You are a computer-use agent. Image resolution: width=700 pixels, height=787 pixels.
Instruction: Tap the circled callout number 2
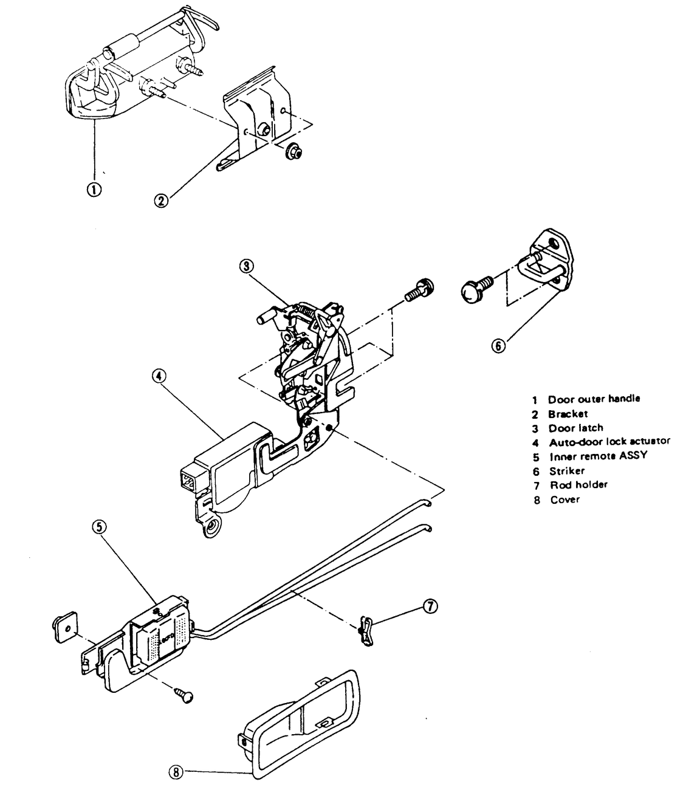[161, 201]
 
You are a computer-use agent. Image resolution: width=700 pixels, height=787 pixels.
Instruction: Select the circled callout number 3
[247, 266]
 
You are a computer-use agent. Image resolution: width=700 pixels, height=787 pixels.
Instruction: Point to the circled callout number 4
[159, 376]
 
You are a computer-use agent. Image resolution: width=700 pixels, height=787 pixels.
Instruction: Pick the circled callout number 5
[100, 527]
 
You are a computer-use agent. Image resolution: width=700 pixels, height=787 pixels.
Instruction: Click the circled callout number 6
[499, 345]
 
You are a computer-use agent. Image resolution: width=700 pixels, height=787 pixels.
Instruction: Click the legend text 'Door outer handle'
[594, 399]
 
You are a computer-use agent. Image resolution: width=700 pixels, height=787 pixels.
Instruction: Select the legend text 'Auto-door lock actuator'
[609, 442]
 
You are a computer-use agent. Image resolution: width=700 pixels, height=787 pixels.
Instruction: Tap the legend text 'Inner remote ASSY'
[599, 456]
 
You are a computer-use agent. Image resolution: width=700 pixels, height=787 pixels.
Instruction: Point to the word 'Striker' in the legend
[567, 471]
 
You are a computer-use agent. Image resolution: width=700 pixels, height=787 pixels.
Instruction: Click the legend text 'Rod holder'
[579, 485]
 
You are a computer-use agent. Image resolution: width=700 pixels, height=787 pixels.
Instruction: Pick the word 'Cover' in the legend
[565, 500]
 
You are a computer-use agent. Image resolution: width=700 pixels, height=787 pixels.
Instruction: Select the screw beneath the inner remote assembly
[184, 695]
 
